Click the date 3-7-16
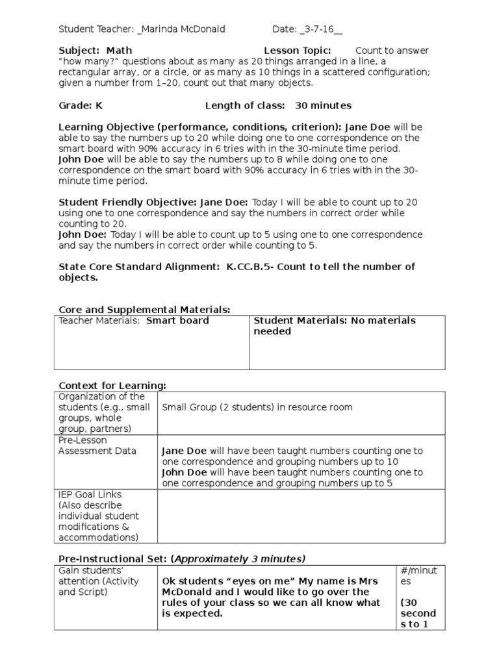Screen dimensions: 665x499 point(320,29)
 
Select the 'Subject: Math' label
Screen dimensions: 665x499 point(96,51)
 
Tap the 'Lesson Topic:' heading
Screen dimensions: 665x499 point(298,51)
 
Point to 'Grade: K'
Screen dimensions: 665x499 point(81,105)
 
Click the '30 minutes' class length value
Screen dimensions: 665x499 point(323,105)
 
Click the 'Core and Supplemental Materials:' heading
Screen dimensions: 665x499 point(144,310)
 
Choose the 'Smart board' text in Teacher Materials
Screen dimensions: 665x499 point(177,321)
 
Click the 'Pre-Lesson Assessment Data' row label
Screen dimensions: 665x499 point(97,445)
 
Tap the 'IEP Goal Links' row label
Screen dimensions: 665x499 point(90,494)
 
